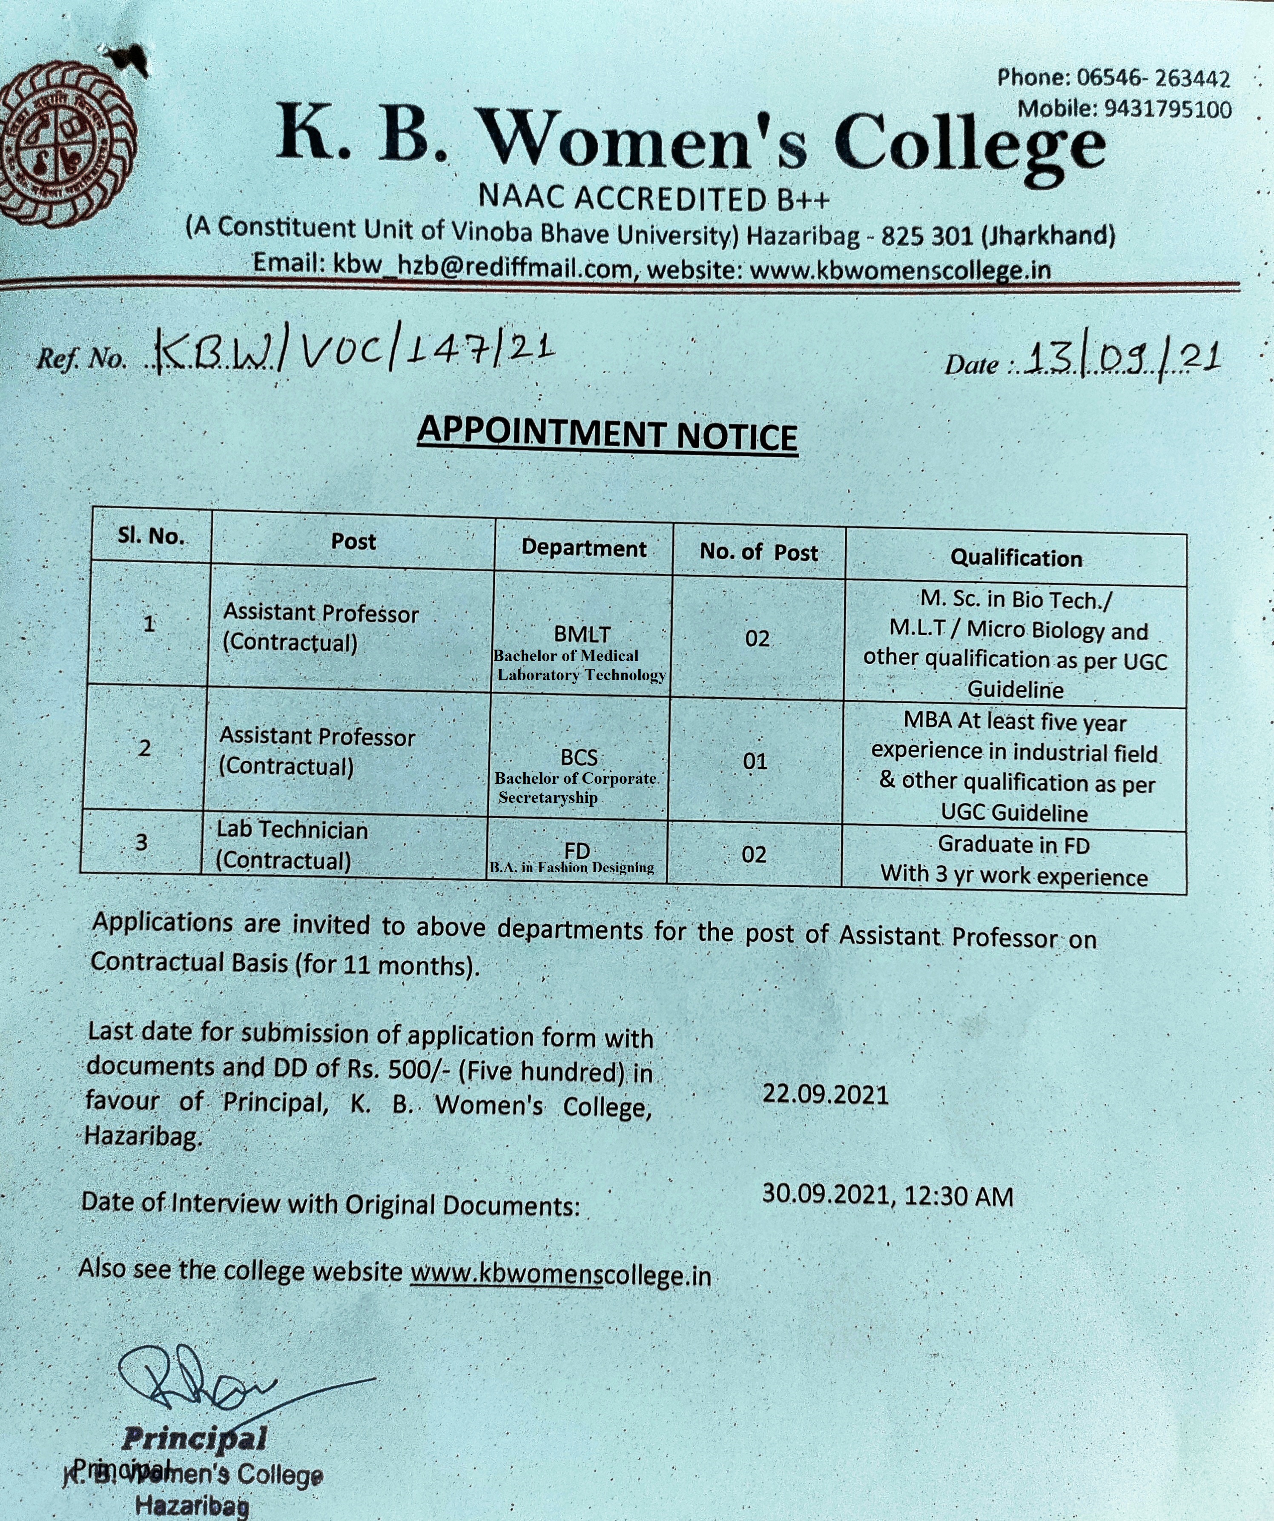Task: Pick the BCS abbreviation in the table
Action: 579,758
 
